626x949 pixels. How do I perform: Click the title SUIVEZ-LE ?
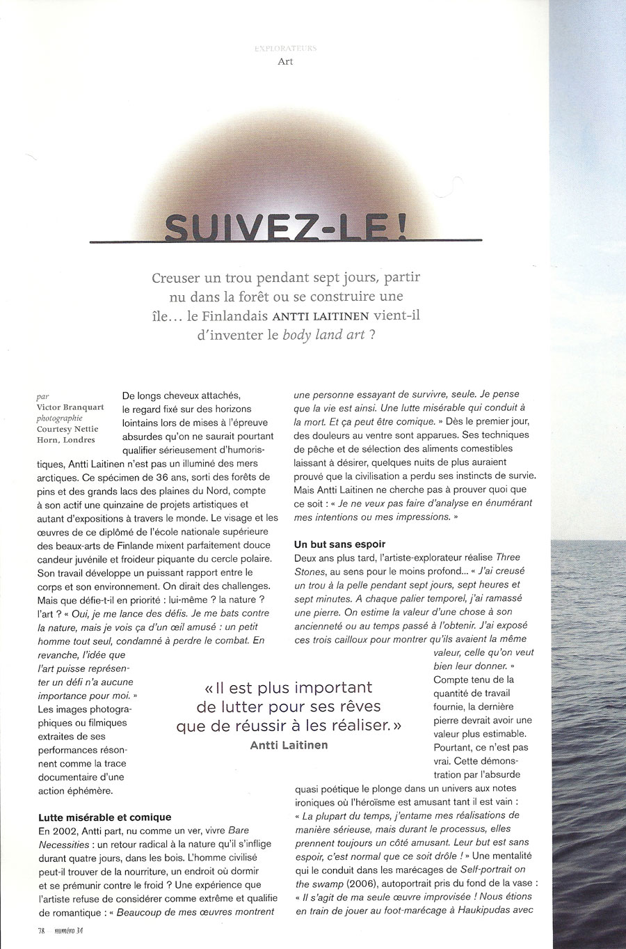[x=285, y=226]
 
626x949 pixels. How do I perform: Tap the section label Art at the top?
[x=285, y=61]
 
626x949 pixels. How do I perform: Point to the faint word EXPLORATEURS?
[x=285, y=48]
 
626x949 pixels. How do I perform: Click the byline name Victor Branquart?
[x=70, y=407]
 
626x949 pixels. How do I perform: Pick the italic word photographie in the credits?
[x=59, y=418]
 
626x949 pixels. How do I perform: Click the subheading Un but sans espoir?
[x=339, y=544]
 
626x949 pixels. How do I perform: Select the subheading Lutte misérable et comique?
[x=104, y=817]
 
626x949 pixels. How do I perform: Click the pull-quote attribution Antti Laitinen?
[x=289, y=745]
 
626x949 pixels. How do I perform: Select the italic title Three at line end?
[x=508, y=557]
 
